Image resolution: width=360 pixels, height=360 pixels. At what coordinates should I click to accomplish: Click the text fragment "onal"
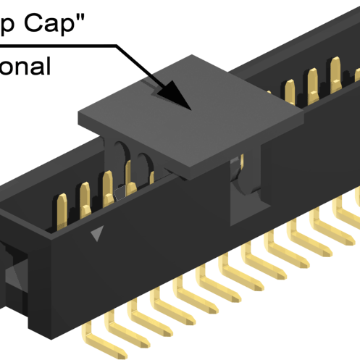click(25, 66)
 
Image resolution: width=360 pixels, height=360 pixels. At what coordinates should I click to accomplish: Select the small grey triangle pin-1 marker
click(97, 233)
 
